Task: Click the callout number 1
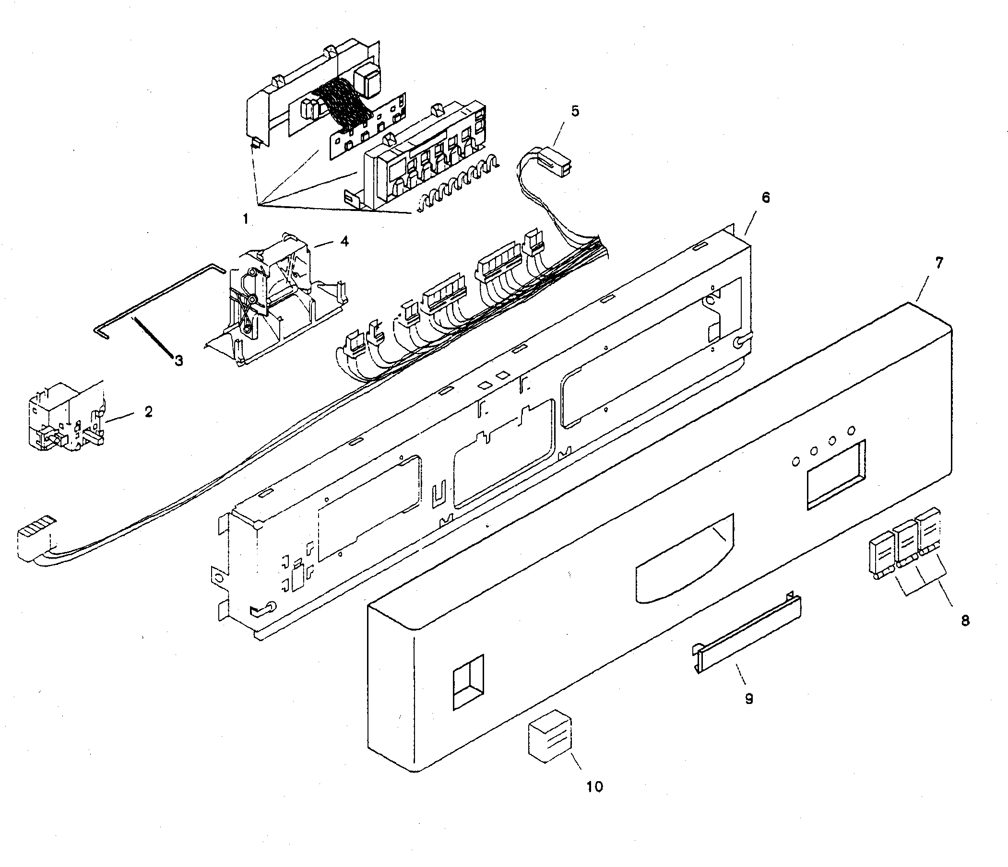point(246,219)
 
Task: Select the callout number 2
point(148,411)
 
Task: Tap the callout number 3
point(178,360)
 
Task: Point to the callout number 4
point(344,241)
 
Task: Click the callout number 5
point(575,111)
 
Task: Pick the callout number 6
point(765,198)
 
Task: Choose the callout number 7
point(938,263)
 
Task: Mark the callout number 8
point(965,620)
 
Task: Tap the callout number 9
point(749,699)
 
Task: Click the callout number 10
point(594,786)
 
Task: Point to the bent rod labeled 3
point(155,298)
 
